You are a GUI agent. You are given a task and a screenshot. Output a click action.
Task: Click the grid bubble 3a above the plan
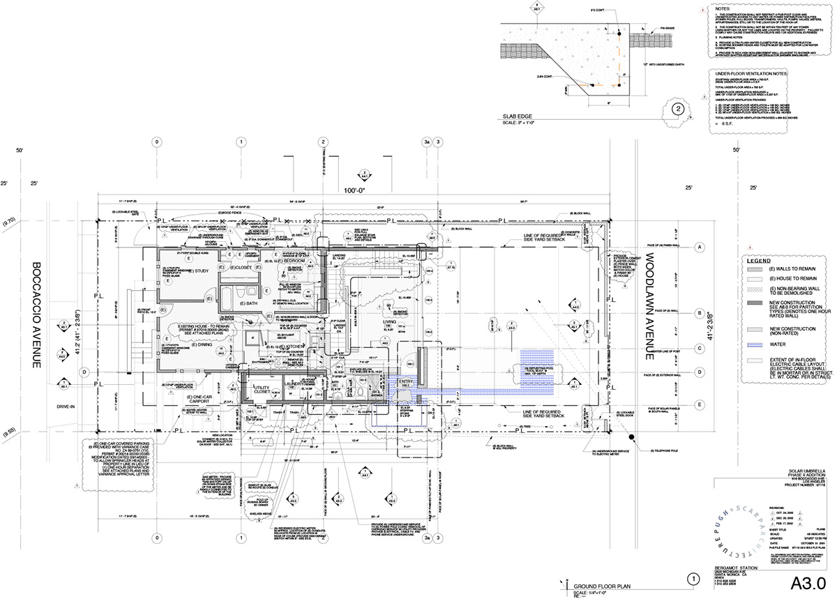[426, 142]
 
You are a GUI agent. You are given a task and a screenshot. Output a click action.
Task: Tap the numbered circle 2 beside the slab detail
[677, 109]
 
